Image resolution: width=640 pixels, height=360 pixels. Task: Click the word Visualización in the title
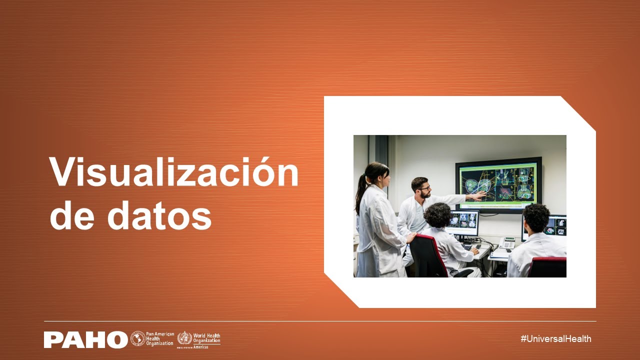(173, 172)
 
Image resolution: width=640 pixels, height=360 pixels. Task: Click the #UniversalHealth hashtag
(555, 338)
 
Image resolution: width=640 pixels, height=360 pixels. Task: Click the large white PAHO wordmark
(85, 339)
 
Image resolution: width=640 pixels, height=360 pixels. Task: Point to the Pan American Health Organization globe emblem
(137, 339)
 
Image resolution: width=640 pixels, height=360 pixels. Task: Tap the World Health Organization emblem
(184, 338)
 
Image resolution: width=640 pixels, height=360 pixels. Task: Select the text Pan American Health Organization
(160, 338)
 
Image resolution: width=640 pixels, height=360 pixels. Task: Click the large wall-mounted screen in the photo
(498, 184)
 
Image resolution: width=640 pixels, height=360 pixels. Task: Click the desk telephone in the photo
(507, 242)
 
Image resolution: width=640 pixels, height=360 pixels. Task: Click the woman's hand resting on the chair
(410, 238)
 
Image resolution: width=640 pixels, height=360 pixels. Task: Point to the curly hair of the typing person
(438, 215)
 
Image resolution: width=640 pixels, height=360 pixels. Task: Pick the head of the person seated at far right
(536, 218)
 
